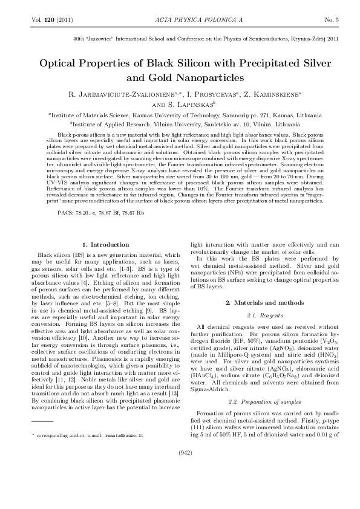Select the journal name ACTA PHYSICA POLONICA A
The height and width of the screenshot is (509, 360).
pos(179,20)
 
